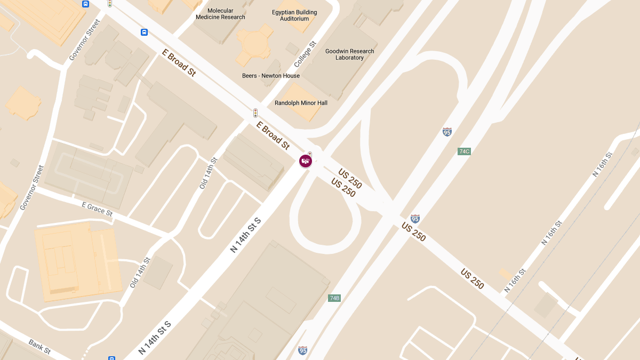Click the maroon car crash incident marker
[x=306, y=161]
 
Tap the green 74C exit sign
[x=464, y=151]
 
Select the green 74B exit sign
[x=334, y=298]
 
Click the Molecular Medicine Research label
[x=220, y=14]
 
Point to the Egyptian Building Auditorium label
[x=294, y=15]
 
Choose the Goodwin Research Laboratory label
[x=349, y=54]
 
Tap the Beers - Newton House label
[x=270, y=76]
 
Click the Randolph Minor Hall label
[x=301, y=103]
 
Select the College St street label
[x=305, y=54]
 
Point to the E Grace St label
[x=97, y=209]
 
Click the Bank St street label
[x=39, y=347]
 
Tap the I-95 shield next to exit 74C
[x=447, y=132]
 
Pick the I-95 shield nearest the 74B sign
[x=303, y=350]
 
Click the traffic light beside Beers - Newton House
[x=255, y=113]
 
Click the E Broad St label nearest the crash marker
[x=273, y=135]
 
